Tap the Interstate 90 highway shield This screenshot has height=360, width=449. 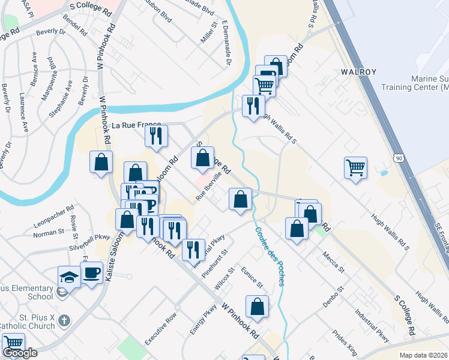point(399,158)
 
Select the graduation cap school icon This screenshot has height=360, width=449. point(69,277)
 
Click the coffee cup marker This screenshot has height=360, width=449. point(91,274)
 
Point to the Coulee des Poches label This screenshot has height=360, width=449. point(269,255)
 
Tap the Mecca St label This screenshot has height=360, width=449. point(333,262)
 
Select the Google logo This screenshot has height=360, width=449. point(19,353)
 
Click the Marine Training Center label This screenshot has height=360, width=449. point(421,83)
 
